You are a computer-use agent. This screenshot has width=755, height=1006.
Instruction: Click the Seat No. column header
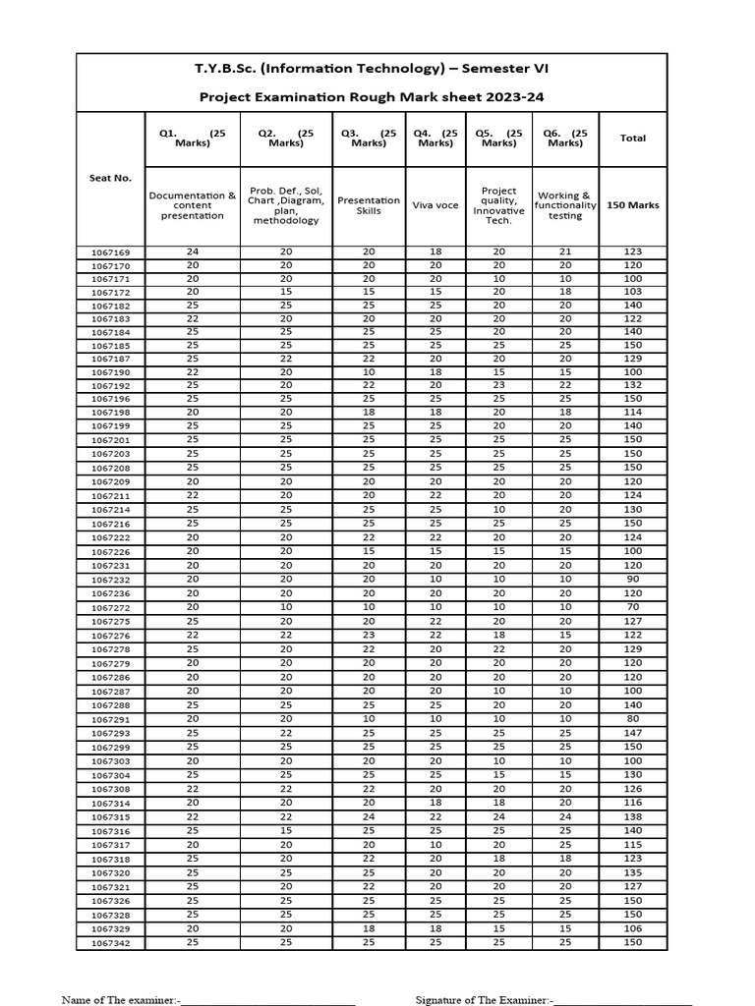(x=110, y=178)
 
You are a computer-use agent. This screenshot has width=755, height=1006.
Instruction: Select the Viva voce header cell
(x=436, y=205)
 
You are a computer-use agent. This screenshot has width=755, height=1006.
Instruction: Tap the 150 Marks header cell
(x=632, y=205)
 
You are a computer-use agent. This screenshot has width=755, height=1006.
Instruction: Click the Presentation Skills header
(x=369, y=205)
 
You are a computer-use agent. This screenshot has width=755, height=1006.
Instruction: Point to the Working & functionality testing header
(x=565, y=205)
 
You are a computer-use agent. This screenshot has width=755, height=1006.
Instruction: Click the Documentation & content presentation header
(x=193, y=205)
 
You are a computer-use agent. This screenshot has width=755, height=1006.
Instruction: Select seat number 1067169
(x=110, y=252)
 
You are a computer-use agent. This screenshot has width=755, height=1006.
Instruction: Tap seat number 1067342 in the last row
(x=110, y=943)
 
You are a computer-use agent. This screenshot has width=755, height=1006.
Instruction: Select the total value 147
(x=632, y=733)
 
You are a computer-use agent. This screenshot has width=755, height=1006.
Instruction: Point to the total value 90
(x=632, y=580)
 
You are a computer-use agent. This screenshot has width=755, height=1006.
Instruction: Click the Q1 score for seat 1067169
(x=193, y=252)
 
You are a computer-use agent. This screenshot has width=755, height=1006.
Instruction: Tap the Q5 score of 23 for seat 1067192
(x=498, y=386)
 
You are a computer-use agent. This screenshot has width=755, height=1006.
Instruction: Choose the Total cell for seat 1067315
(x=632, y=817)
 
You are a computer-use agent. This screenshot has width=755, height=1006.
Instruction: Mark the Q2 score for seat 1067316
(x=286, y=831)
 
